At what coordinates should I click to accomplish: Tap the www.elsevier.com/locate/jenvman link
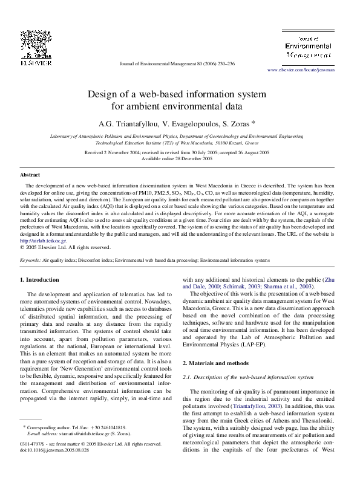(x=301, y=70)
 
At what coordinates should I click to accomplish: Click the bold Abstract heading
(x=30, y=174)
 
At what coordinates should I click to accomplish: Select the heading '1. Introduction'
(x=40, y=280)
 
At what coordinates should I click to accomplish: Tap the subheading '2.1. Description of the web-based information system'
(x=248, y=377)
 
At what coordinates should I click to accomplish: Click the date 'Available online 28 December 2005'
(x=177, y=158)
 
